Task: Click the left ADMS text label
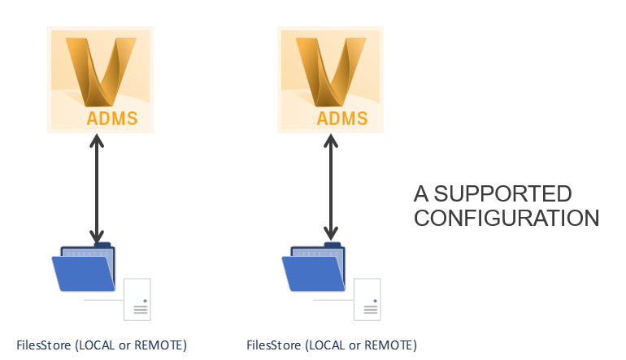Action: (x=112, y=119)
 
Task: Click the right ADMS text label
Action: (x=342, y=119)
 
